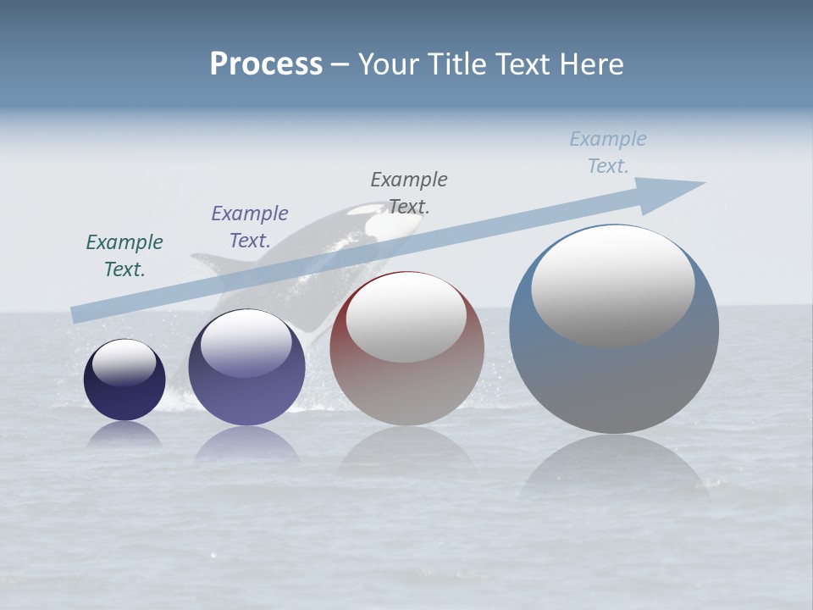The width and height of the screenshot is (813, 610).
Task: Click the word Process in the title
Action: (266, 64)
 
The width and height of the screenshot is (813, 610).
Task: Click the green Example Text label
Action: (124, 256)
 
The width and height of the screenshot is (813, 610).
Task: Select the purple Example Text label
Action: (250, 227)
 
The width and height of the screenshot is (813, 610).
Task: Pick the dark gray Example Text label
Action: (409, 193)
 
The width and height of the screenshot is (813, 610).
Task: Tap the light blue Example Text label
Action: (608, 152)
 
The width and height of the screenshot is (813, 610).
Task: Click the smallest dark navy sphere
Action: (124, 394)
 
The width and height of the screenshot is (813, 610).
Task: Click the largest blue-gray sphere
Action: (614, 381)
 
